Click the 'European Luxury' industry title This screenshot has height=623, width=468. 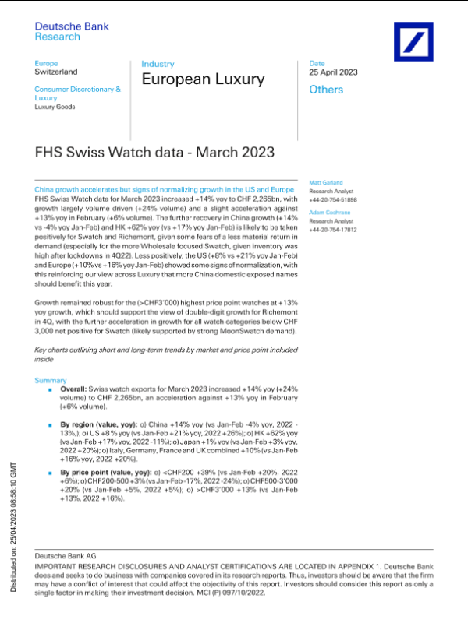(203, 79)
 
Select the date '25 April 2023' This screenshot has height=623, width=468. (333, 72)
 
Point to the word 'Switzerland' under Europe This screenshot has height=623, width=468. (56, 72)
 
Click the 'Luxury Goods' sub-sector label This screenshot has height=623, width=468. (55, 107)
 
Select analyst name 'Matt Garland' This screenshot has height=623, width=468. (326, 182)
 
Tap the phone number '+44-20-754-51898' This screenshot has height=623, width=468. (333, 200)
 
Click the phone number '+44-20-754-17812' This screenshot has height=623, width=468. (333, 230)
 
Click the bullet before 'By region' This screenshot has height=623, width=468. (50, 426)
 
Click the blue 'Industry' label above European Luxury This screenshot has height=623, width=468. (158, 64)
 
